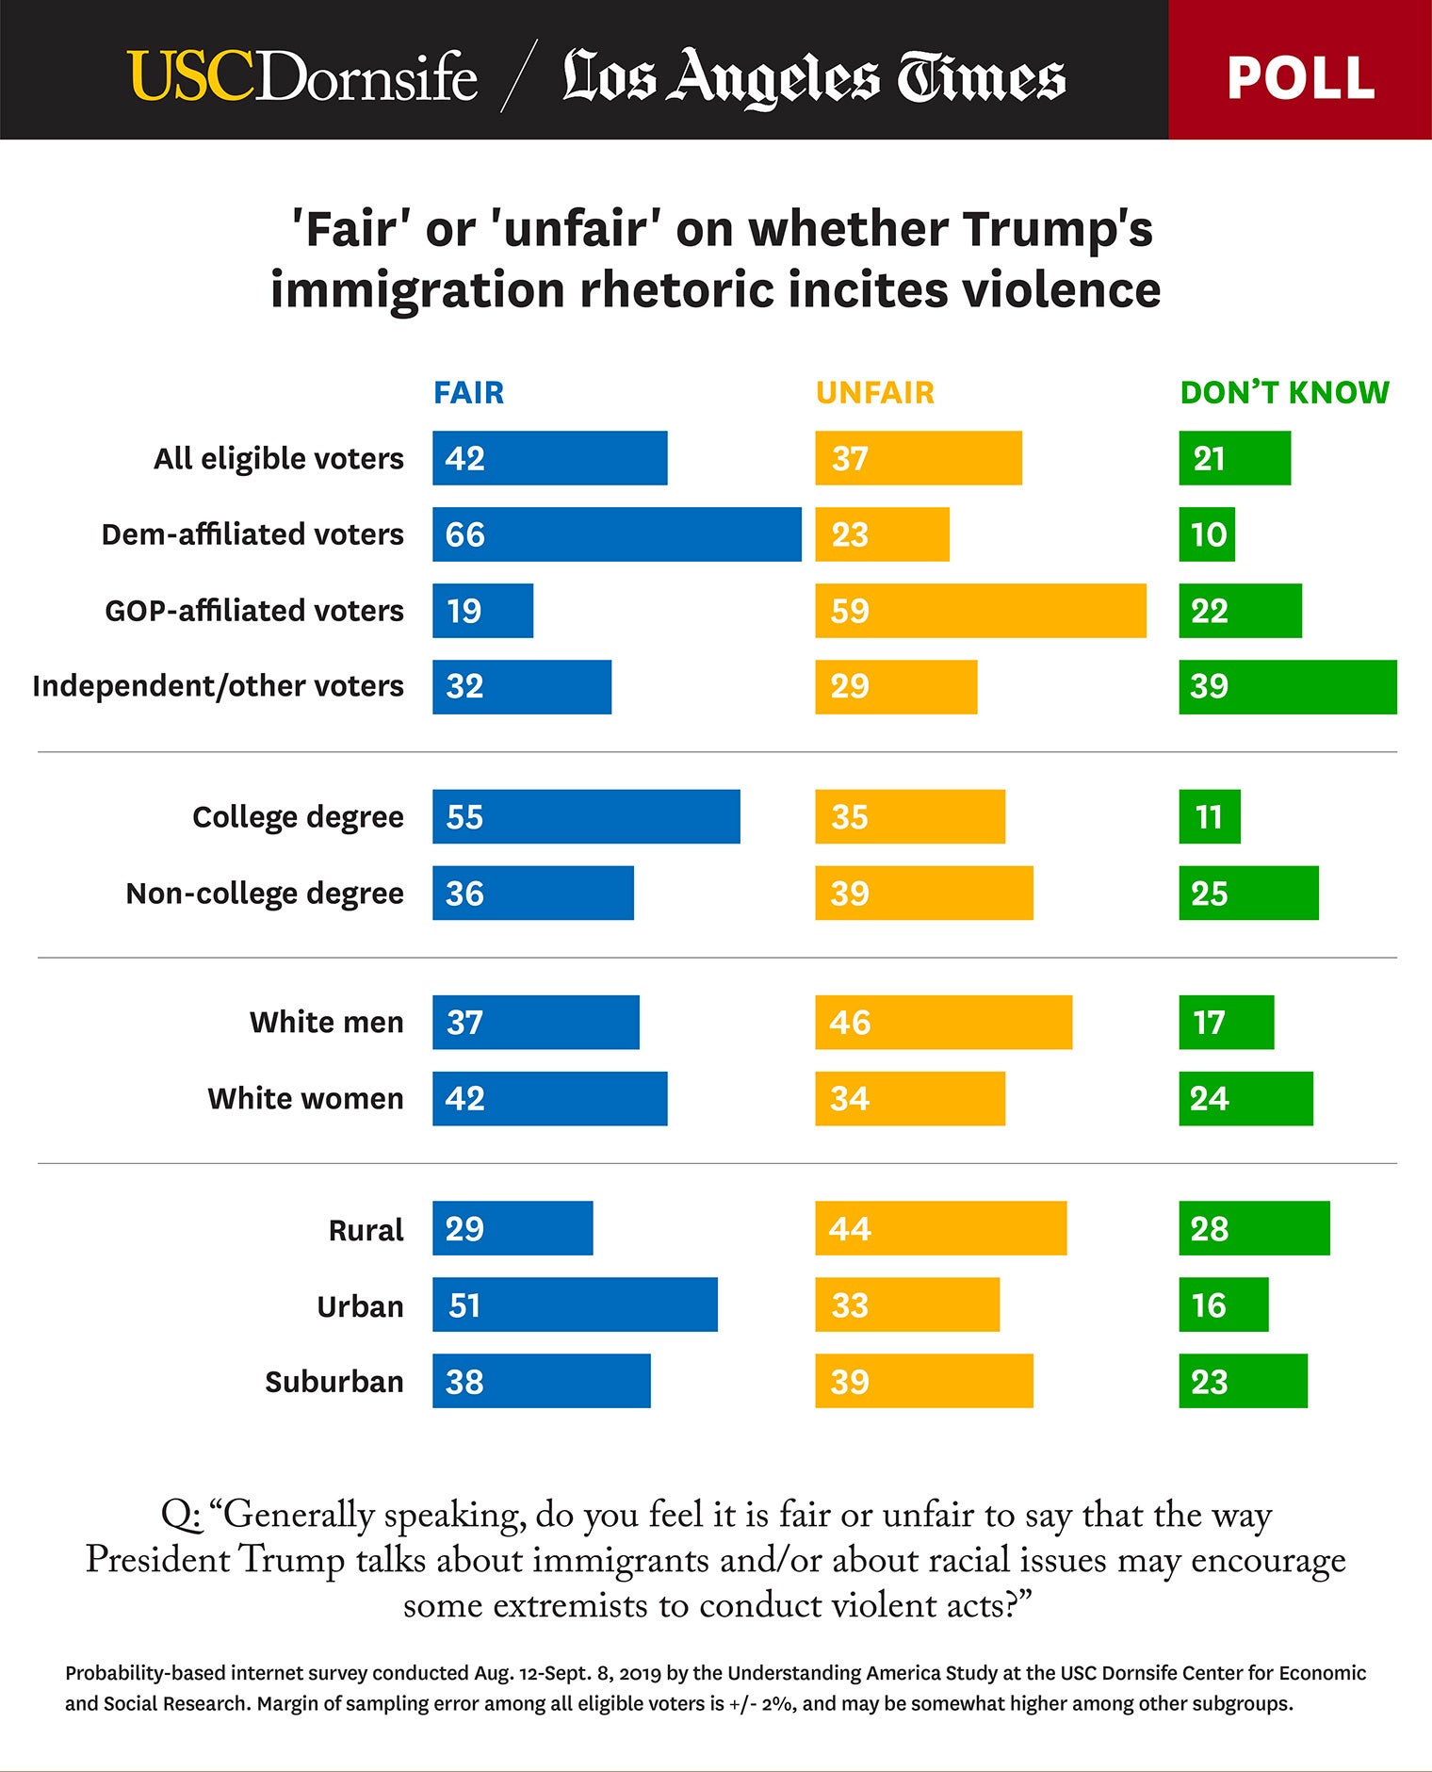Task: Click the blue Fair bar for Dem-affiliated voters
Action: pos(617,534)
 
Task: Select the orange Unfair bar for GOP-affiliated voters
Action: pos(981,611)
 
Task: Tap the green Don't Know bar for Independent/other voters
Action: pos(1287,686)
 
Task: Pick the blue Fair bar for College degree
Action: pos(586,816)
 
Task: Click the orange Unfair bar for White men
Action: pos(943,1022)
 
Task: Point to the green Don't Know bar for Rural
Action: pos(1254,1228)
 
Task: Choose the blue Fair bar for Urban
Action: pos(575,1304)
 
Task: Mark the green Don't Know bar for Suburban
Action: pos(1243,1381)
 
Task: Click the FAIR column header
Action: pos(468,392)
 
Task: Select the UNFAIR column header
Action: pos(875,392)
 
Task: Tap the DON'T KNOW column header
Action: pos(1284,392)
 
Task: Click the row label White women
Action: pos(305,1098)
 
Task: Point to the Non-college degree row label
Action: pos(265,893)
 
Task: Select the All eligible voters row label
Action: pos(279,458)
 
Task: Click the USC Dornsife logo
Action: pos(302,75)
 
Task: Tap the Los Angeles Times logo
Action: pos(814,75)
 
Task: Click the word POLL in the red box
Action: pos(1300,77)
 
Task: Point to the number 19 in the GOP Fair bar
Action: pos(464,611)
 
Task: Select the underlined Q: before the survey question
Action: pos(181,1515)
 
